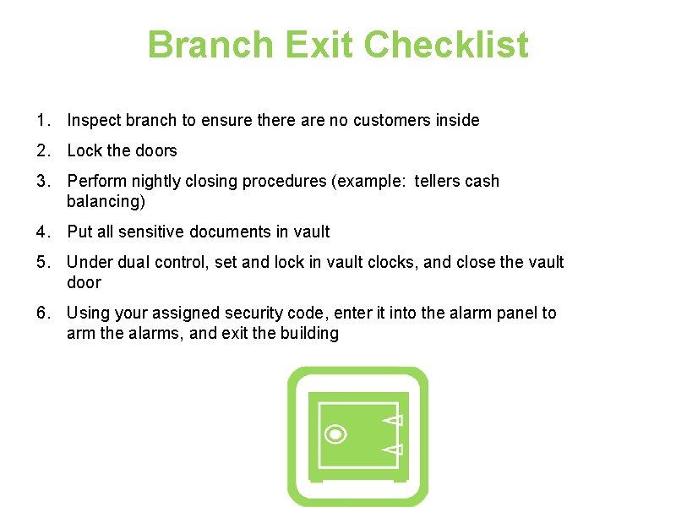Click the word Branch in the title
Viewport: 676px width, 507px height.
pos(210,44)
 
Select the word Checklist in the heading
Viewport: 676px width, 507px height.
pos(446,44)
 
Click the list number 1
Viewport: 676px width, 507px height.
pos(43,120)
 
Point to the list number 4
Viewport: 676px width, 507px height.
pos(43,232)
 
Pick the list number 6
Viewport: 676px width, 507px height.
pos(43,313)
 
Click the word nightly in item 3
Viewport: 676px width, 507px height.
pos(155,182)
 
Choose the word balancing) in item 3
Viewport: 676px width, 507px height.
pos(106,201)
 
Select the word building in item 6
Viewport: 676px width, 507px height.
pos(309,333)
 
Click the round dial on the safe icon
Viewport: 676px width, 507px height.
pos(335,434)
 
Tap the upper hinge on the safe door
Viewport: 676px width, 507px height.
pos(393,420)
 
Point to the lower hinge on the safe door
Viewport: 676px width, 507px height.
pos(393,450)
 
